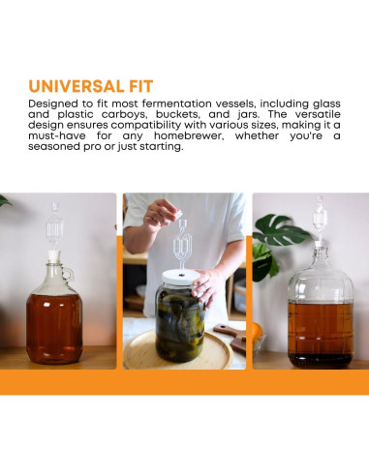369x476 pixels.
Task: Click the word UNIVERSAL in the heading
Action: click(x=77, y=85)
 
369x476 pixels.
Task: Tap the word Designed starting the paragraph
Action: click(x=53, y=104)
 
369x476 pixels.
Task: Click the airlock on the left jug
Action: click(x=55, y=223)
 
